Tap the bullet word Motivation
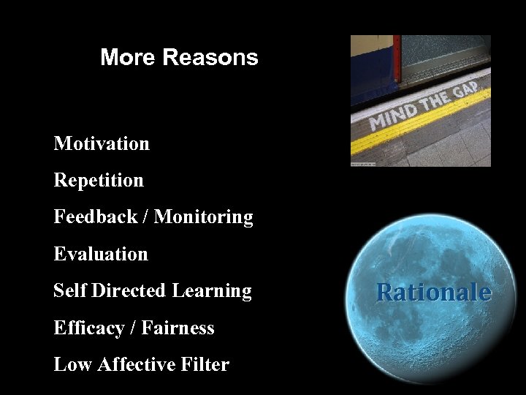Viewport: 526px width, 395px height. tap(102, 143)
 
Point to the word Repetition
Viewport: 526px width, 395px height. tap(99, 180)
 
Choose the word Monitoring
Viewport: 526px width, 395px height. tap(204, 217)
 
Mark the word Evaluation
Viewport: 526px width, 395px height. tap(101, 254)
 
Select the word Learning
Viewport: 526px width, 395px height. tap(212, 290)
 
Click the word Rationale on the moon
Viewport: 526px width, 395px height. tap(433, 293)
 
